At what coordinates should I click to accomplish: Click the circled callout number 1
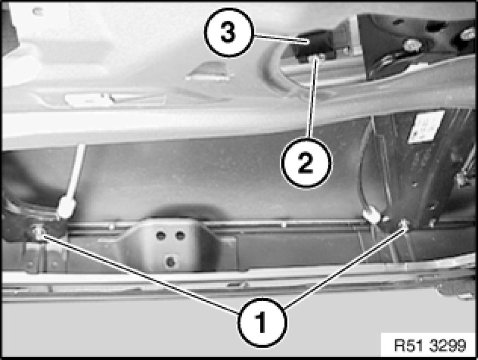(x=262, y=322)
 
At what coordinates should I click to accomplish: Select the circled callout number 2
(x=306, y=162)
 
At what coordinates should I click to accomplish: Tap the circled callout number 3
(x=229, y=33)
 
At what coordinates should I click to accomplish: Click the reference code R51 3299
(x=430, y=345)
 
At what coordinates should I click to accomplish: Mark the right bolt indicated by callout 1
(x=404, y=224)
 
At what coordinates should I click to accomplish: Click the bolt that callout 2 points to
(x=317, y=57)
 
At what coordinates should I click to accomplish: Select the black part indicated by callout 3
(x=312, y=46)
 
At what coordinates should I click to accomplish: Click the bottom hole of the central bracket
(x=170, y=262)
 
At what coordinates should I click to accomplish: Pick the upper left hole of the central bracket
(x=161, y=235)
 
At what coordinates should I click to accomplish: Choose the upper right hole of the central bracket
(x=180, y=235)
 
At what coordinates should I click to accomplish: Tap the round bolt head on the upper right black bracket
(x=411, y=45)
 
